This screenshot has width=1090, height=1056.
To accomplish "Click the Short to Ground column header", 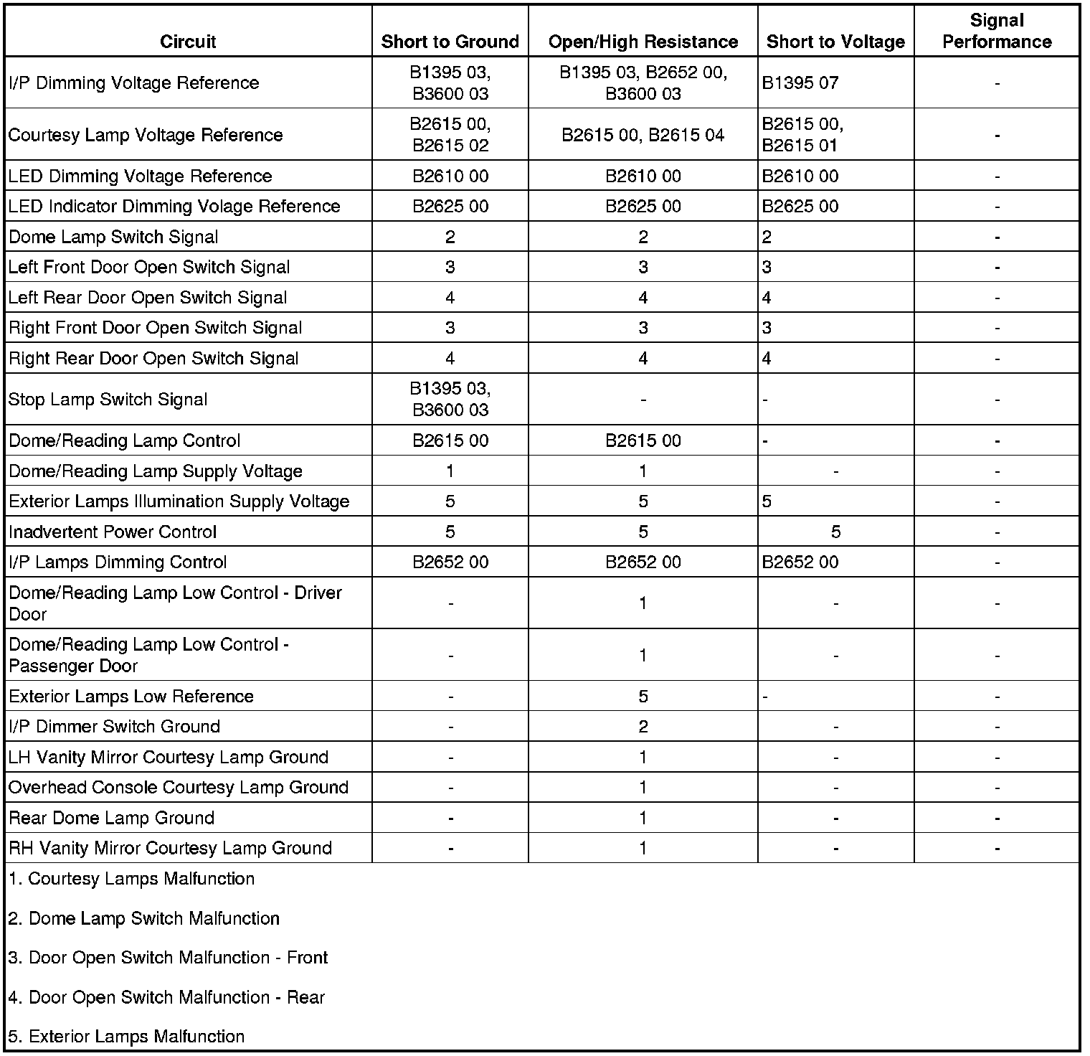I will (x=450, y=42).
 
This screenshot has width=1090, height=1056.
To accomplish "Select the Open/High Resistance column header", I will (x=643, y=42).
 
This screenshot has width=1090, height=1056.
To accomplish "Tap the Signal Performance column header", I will (x=996, y=31).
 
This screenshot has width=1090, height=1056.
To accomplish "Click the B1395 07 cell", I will (x=800, y=83).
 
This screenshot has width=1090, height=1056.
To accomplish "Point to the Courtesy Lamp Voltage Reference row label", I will (x=146, y=135).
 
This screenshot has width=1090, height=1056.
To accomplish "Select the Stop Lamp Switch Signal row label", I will (x=108, y=400).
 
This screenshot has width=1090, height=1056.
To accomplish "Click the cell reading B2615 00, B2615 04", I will (x=643, y=135).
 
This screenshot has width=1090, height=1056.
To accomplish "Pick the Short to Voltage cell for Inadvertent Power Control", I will (x=835, y=532).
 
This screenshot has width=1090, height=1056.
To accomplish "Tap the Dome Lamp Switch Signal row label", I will (x=113, y=237).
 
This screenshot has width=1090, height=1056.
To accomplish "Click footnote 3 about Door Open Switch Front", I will (x=168, y=958).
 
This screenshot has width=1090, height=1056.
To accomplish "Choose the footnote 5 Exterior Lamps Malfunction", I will (x=126, y=1037).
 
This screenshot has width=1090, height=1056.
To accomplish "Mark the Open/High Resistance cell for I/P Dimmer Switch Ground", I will (x=643, y=727).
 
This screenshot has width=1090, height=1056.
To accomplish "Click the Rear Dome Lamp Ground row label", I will (x=111, y=818).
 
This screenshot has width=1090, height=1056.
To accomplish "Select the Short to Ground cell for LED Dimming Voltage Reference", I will (x=450, y=176).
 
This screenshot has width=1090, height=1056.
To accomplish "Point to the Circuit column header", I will (x=188, y=42).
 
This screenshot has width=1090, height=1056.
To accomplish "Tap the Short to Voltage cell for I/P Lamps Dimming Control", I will (x=800, y=562).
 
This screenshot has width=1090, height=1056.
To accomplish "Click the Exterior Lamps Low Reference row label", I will (x=131, y=697).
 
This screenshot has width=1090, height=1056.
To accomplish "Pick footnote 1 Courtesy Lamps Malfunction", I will (x=131, y=879).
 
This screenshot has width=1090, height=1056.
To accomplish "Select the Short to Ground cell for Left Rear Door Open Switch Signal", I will (x=450, y=298).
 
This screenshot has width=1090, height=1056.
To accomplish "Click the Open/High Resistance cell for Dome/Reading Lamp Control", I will (x=643, y=440).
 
